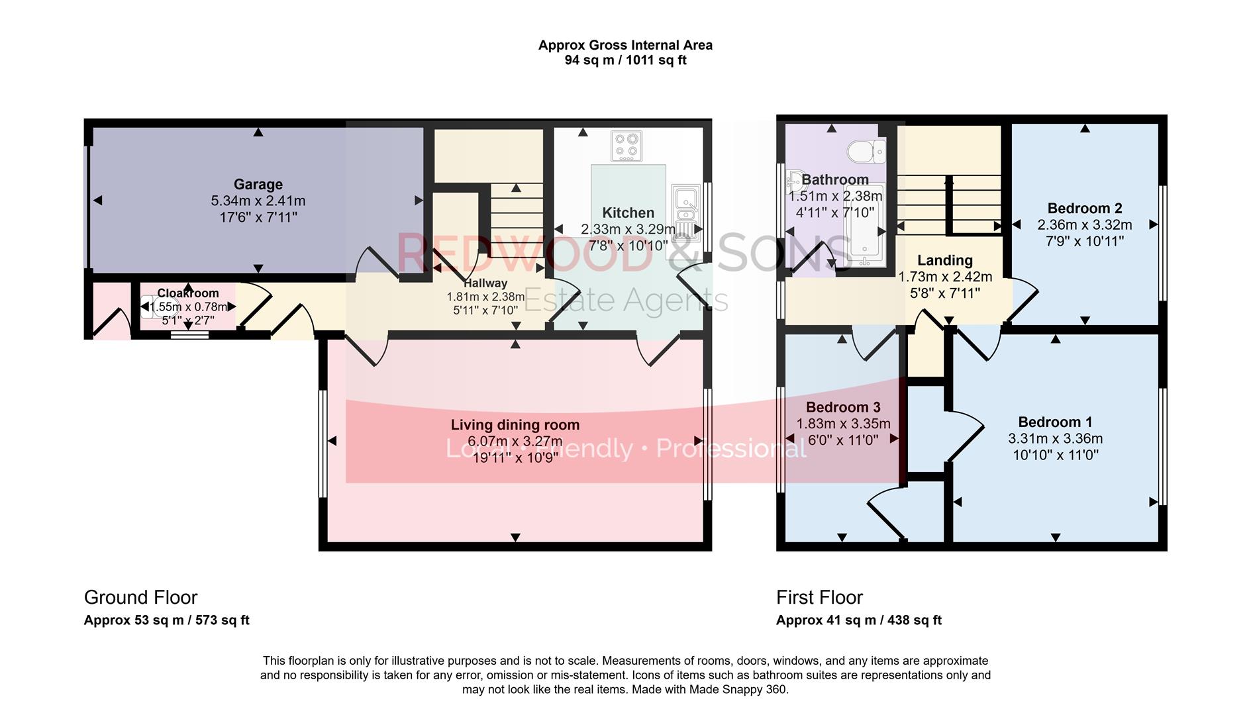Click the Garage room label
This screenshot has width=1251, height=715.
(258, 185)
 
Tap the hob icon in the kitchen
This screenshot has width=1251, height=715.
(626, 146)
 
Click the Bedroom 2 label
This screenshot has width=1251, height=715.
(1084, 209)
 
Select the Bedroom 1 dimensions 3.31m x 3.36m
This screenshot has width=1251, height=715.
(1055, 439)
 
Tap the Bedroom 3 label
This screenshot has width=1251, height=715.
(842, 407)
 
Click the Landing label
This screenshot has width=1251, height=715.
(944, 261)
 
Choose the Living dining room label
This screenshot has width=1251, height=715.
(515, 425)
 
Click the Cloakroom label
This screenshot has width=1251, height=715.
(188, 293)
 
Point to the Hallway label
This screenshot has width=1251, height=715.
(485, 283)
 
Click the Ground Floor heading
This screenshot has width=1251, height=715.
(140, 598)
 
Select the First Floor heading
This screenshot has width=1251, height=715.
(819, 598)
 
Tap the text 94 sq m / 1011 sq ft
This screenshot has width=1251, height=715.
(625, 60)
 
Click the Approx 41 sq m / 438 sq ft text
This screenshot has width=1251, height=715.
(858, 620)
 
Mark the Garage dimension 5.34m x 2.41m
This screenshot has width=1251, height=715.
(258, 201)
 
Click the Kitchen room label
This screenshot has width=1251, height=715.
(628, 213)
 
